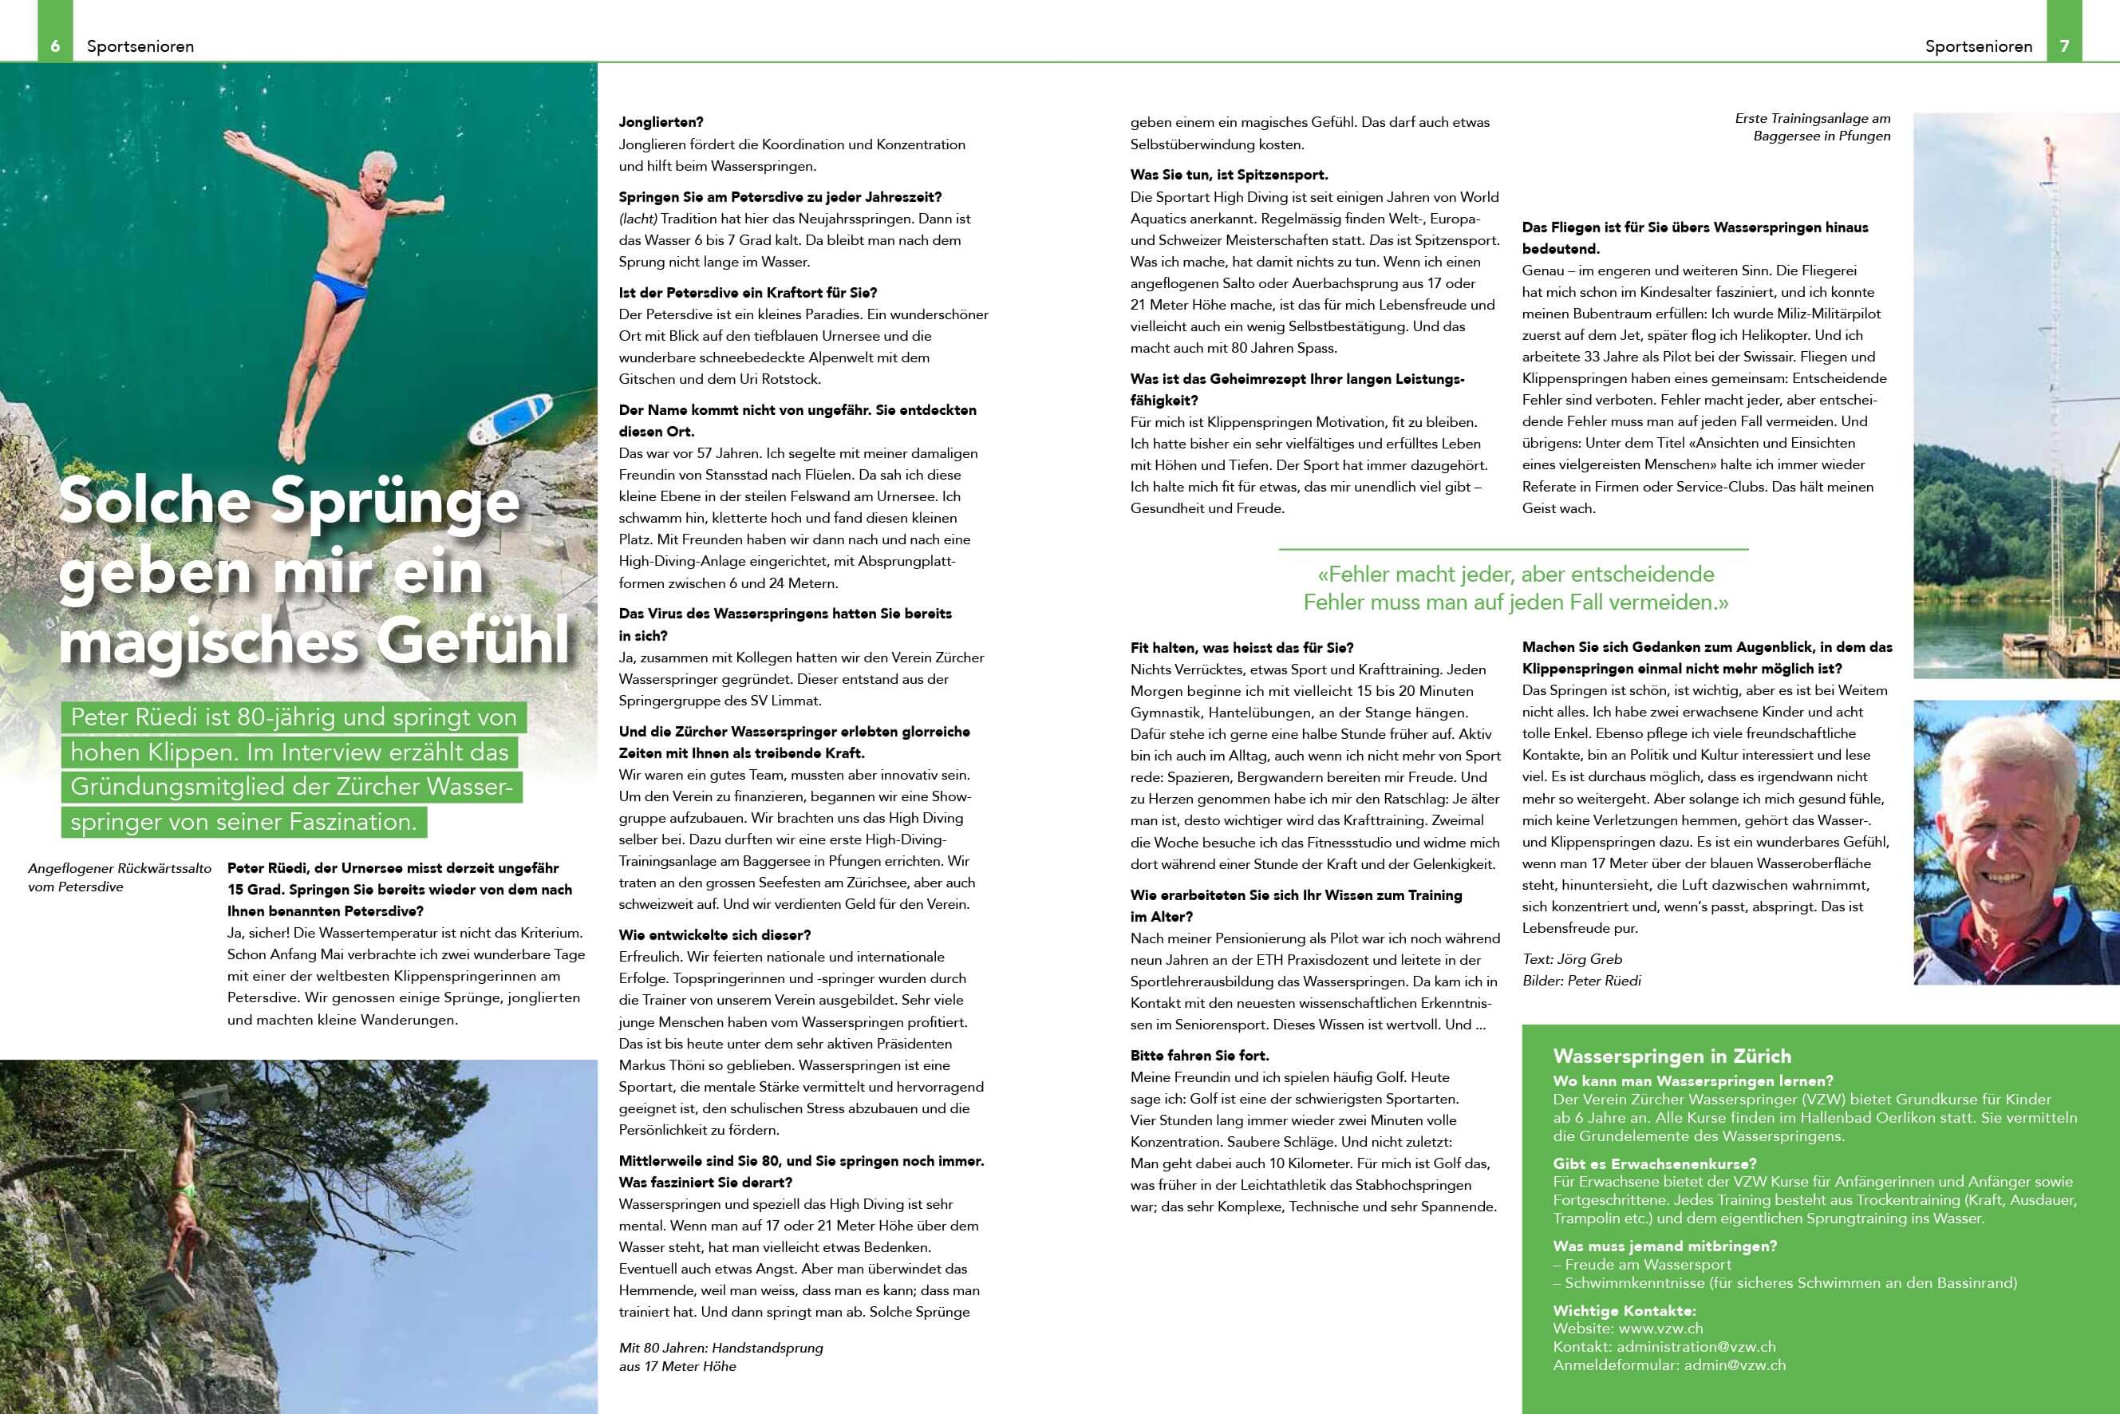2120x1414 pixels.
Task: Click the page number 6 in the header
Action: coord(55,46)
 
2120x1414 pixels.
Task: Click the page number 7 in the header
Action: coord(2064,46)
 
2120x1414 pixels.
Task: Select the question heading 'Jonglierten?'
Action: coord(661,122)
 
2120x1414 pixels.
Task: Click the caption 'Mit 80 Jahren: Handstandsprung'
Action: coord(720,1347)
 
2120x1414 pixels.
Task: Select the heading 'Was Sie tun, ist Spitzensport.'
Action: coord(1228,175)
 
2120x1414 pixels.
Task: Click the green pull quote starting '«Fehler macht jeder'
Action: coord(1515,588)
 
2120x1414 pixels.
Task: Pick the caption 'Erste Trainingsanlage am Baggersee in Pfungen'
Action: coord(1813,127)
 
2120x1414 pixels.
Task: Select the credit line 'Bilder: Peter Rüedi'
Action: coord(1581,980)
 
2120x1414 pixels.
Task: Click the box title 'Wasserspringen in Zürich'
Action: coord(1672,1056)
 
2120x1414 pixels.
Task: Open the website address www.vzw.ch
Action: coord(1660,1329)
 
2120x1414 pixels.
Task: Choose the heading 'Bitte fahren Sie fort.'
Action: coord(1199,1055)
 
